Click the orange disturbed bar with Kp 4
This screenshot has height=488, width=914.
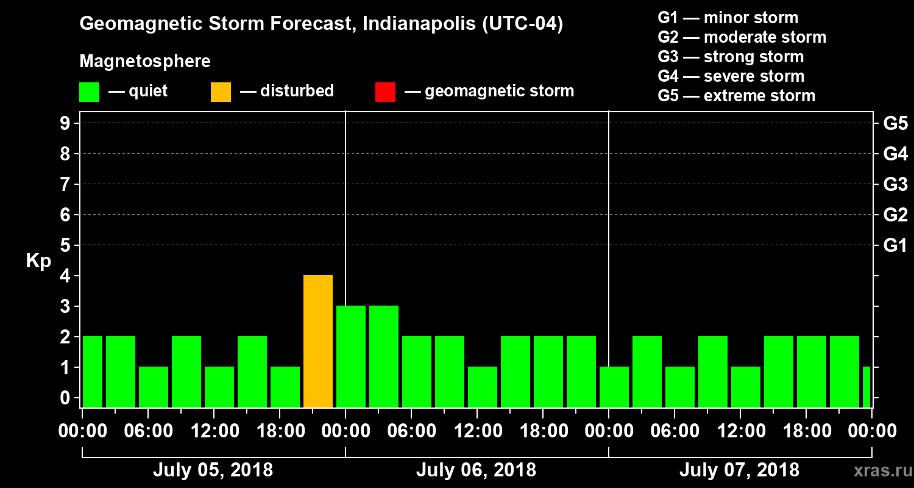[318, 341]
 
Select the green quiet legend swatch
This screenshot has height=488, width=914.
[89, 91]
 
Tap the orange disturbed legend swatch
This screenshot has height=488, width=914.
[221, 91]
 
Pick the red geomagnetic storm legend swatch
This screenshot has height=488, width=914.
[385, 91]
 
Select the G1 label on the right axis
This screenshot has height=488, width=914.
[895, 245]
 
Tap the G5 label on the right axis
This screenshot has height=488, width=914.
[895, 123]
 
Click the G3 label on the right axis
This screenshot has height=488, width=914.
[895, 184]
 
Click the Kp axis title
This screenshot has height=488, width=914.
[38, 260]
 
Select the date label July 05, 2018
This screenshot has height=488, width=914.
[213, 470]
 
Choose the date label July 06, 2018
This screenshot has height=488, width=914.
[476, 470]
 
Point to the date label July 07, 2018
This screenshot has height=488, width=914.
[739, 470]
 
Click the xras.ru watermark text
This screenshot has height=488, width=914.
[879, 470]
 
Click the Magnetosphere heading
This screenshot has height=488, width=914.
[145, 62]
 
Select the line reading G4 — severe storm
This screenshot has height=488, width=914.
[731, 76]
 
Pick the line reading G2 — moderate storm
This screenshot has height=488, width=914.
[742, 37]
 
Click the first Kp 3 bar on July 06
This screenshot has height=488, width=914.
[351, 356]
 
